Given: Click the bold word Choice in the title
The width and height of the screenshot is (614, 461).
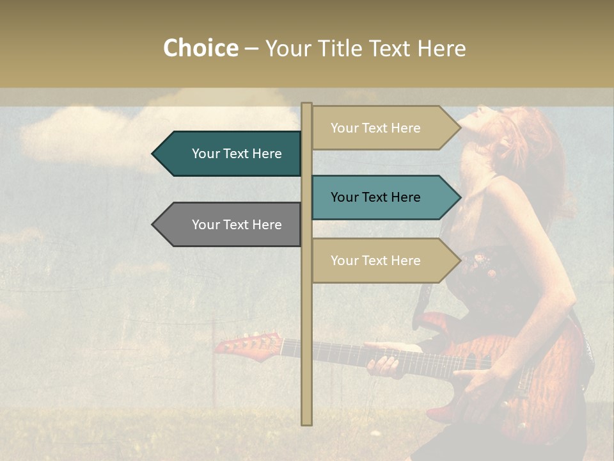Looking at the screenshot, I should coord(200,49).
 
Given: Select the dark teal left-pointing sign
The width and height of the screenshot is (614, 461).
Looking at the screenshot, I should coord(237,154).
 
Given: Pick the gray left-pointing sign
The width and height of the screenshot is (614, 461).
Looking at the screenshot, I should coord(237,225).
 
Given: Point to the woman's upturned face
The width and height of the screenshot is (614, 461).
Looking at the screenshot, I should coord(476,125).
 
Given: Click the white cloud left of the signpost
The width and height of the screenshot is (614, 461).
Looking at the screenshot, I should coord(160,128).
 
